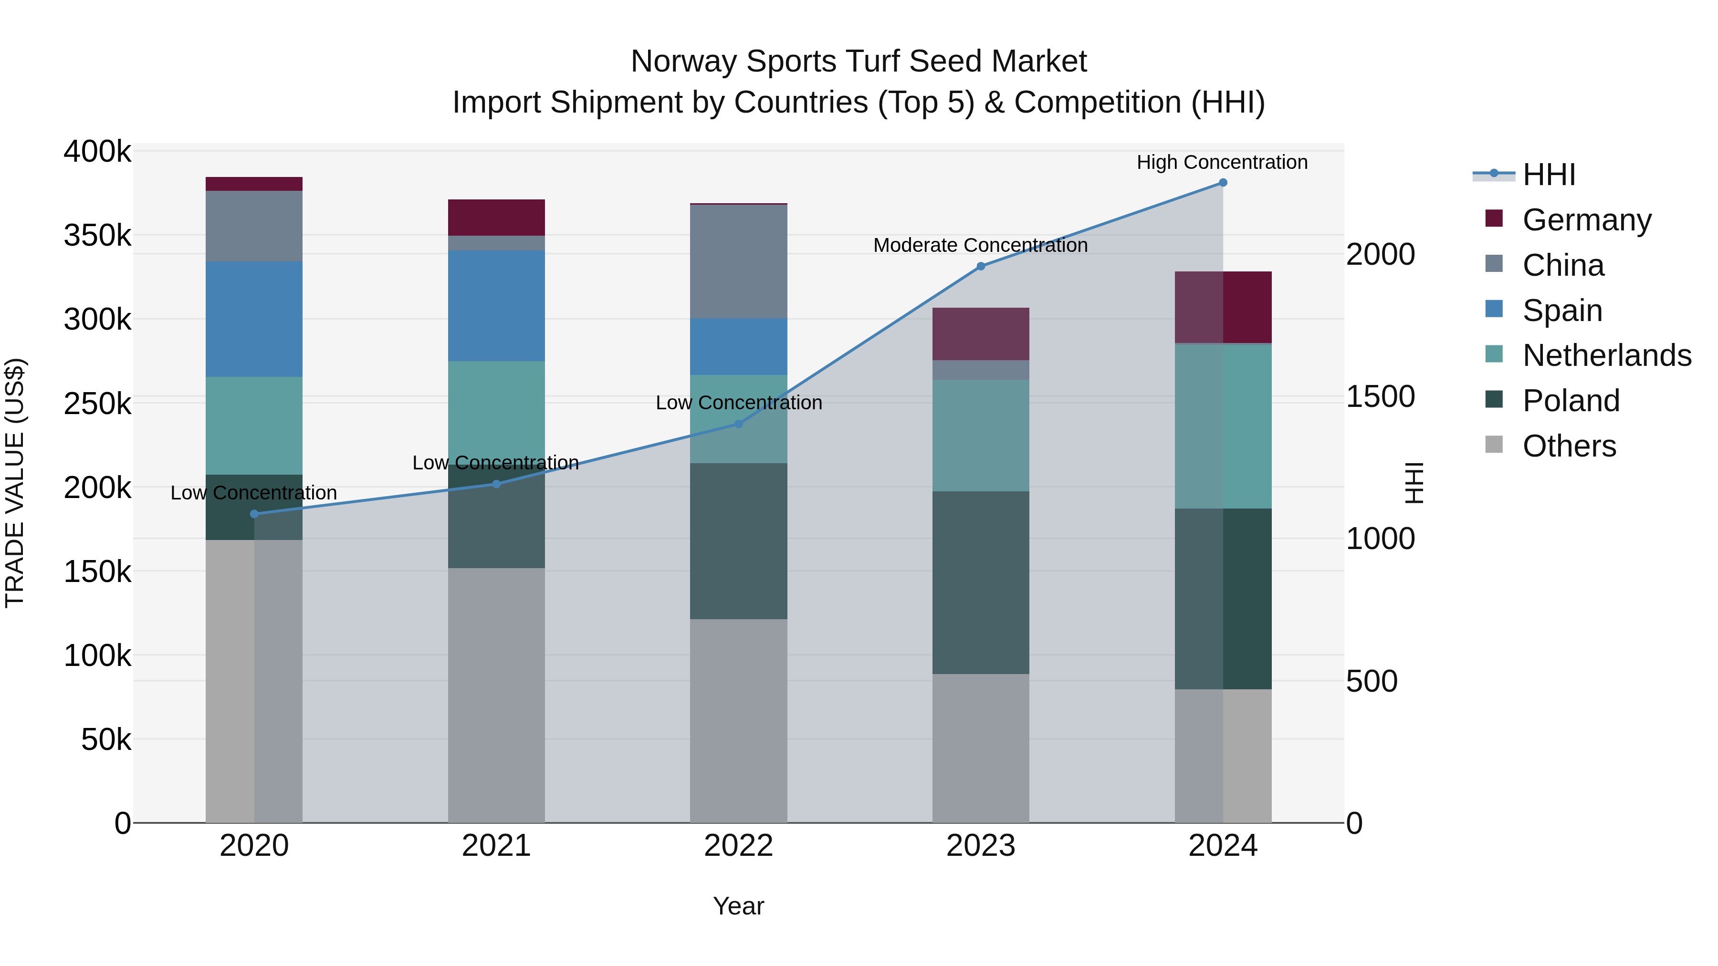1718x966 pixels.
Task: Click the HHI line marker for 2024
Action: click(x=1223, y=183)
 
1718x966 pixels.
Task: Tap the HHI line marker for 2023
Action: click(x=980, y=266)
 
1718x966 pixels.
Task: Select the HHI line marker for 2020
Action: click(x=254, y=514)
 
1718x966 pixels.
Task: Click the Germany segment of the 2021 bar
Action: click(x=496, y=218)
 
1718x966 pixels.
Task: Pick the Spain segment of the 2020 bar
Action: click(x=254, y=319)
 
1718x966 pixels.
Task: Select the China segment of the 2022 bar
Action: click(x=738, y=261)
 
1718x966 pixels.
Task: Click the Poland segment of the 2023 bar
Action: click(x=980, y=582)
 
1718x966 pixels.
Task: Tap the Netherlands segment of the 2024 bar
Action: click(x=1223, y=426)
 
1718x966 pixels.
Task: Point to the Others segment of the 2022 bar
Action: click(x=738, y=721)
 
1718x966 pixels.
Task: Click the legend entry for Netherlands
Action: click(x=1606, y=355)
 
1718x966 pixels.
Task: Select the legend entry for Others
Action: click(x=1569, y=446)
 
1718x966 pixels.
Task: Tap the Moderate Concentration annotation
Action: click(x=980, y=245)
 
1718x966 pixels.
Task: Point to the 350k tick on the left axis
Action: click(x=97, y=235)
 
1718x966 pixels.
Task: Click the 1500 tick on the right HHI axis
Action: click(x=1379, y=397)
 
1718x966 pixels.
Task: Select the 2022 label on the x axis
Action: click(x=738, y=846)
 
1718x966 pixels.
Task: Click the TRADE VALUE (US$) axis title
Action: click(x=15, y=483)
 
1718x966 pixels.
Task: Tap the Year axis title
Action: click(x=738, y=906)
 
